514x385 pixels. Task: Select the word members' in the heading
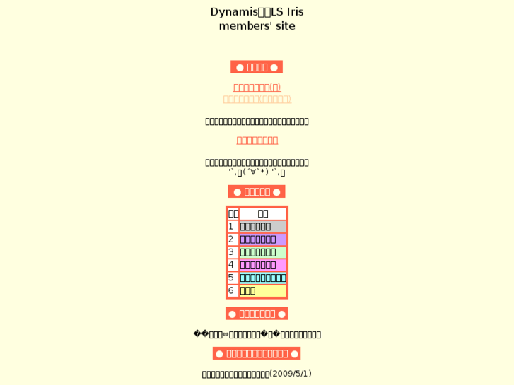coord(244,26)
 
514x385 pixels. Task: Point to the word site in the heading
coord(283,26)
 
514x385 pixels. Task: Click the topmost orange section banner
coord(257,67)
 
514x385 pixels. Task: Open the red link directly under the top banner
coord(257,88)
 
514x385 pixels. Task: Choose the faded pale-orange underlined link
coord(257,100)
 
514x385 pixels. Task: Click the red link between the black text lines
coord(257,141)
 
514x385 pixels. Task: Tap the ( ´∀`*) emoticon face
coord(256,172)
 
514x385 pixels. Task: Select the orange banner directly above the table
coord(257,191)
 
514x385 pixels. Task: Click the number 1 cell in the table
coord(231,227)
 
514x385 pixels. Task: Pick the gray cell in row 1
coord(262,227)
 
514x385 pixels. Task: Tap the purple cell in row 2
coord(262,239)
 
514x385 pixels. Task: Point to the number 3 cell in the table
coord(231,252)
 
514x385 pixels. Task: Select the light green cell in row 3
coord(262,252)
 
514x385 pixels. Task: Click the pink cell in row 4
coord(262,265)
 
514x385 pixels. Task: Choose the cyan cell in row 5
coord(262,278)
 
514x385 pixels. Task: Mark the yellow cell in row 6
coord(262,290)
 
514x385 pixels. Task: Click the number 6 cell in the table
coord(231,290)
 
